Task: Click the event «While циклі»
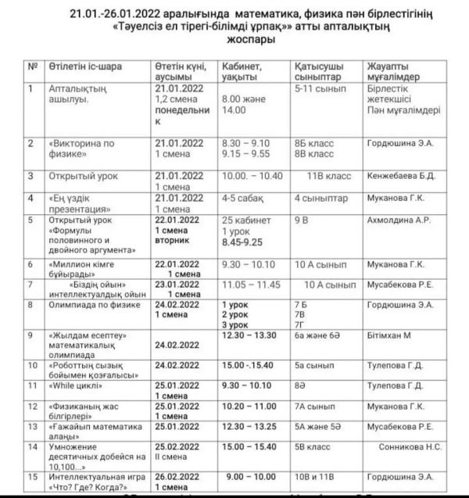[76, 386]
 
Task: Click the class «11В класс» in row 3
[326, 177]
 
